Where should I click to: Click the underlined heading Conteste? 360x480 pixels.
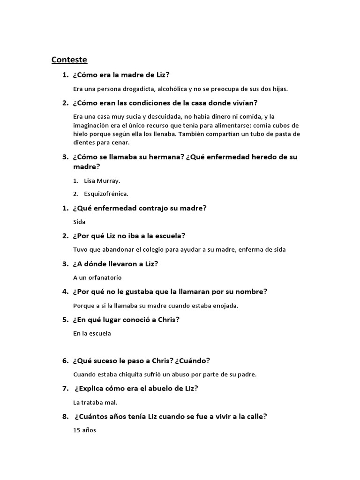point(69,60)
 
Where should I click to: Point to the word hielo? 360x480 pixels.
point(81,134)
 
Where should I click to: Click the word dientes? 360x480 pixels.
point(83,142)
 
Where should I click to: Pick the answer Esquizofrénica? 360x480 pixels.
point(106,194)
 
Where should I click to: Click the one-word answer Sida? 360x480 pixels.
point(79,222)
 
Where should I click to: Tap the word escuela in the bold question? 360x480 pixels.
point(169,236)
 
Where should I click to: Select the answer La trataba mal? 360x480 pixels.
point(95,402)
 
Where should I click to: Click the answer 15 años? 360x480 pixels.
point(84,430)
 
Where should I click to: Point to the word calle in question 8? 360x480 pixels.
point(256,416)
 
